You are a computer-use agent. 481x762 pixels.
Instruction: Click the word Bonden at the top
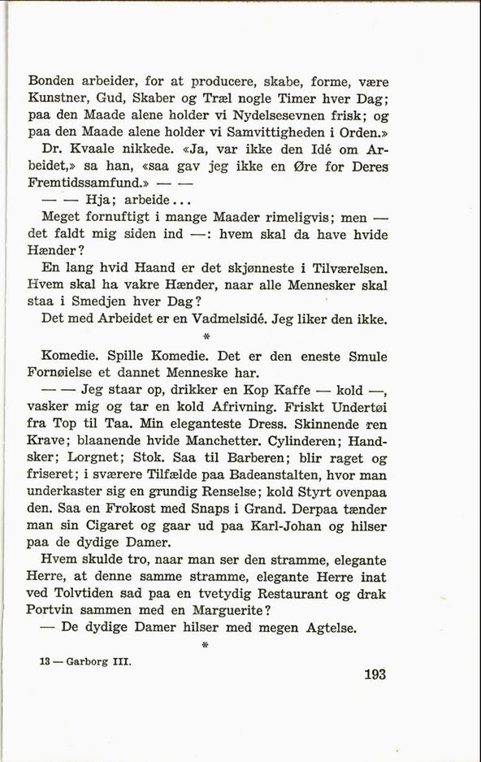51,81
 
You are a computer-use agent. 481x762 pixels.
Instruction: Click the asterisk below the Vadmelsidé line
206,336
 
